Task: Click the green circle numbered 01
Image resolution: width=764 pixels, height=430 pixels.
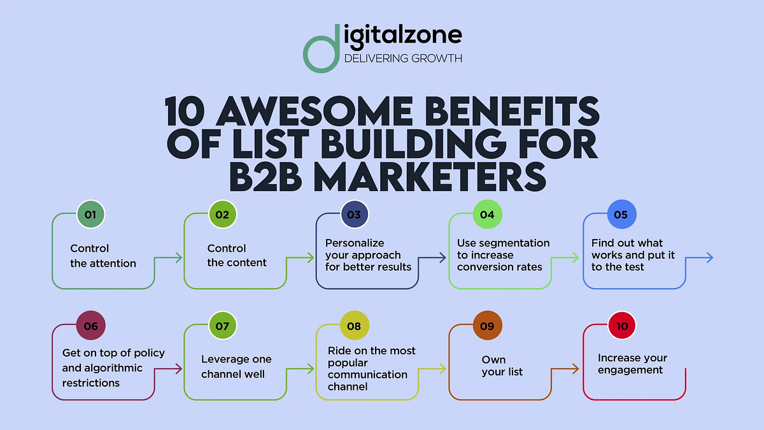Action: coord(90,215)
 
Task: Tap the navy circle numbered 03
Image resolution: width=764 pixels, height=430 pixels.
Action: coord(354,215)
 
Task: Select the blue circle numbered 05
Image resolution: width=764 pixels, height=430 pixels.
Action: coord(620,215)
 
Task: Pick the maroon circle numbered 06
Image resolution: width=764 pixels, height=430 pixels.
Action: coord(90,326)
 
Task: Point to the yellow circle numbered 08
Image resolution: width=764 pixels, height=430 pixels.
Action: coord(354,326)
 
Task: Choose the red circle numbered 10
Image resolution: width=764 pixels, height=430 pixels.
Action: coord(622,326)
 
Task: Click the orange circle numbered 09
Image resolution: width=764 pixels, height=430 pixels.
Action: coord(487,326)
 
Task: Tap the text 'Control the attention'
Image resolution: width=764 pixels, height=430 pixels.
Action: coord(103,255)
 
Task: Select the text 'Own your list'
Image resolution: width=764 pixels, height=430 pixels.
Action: coord(502,366)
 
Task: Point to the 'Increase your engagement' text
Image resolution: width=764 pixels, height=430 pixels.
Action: coord(632,364)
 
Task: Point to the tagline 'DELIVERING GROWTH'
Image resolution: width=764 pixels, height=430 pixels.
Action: coord(402,59)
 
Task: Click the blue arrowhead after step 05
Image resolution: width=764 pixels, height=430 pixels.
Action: coord(709,258)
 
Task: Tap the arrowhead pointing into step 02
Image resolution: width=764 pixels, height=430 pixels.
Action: coord(179,258)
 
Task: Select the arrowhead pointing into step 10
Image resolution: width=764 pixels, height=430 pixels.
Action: coord(576,369)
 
